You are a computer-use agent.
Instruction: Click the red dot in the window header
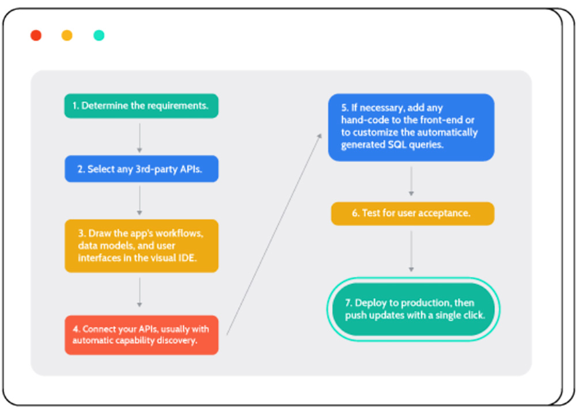(36, 35)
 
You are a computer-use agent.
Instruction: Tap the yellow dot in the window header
(67, 35)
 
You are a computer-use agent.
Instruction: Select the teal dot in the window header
(99, 35)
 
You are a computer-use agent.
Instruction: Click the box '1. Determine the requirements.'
(142, 106)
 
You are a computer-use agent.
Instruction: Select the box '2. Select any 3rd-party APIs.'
(142, 169)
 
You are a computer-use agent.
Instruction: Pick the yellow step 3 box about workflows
(142, 246)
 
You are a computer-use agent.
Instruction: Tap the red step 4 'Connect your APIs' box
(142, 335)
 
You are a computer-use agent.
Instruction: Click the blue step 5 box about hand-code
(411, 127)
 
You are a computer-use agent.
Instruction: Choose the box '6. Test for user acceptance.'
(412, 214)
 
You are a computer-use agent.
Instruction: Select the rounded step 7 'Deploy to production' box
(413, 309)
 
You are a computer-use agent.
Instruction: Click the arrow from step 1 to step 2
(139, 138)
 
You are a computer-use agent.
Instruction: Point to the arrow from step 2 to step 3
(139, 201)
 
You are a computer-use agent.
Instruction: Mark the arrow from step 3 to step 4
(139, 292)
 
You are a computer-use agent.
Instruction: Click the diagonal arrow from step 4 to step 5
(274, 234)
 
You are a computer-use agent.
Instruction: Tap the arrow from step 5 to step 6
(411, 181)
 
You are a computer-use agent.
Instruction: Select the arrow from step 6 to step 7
(411, 251)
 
